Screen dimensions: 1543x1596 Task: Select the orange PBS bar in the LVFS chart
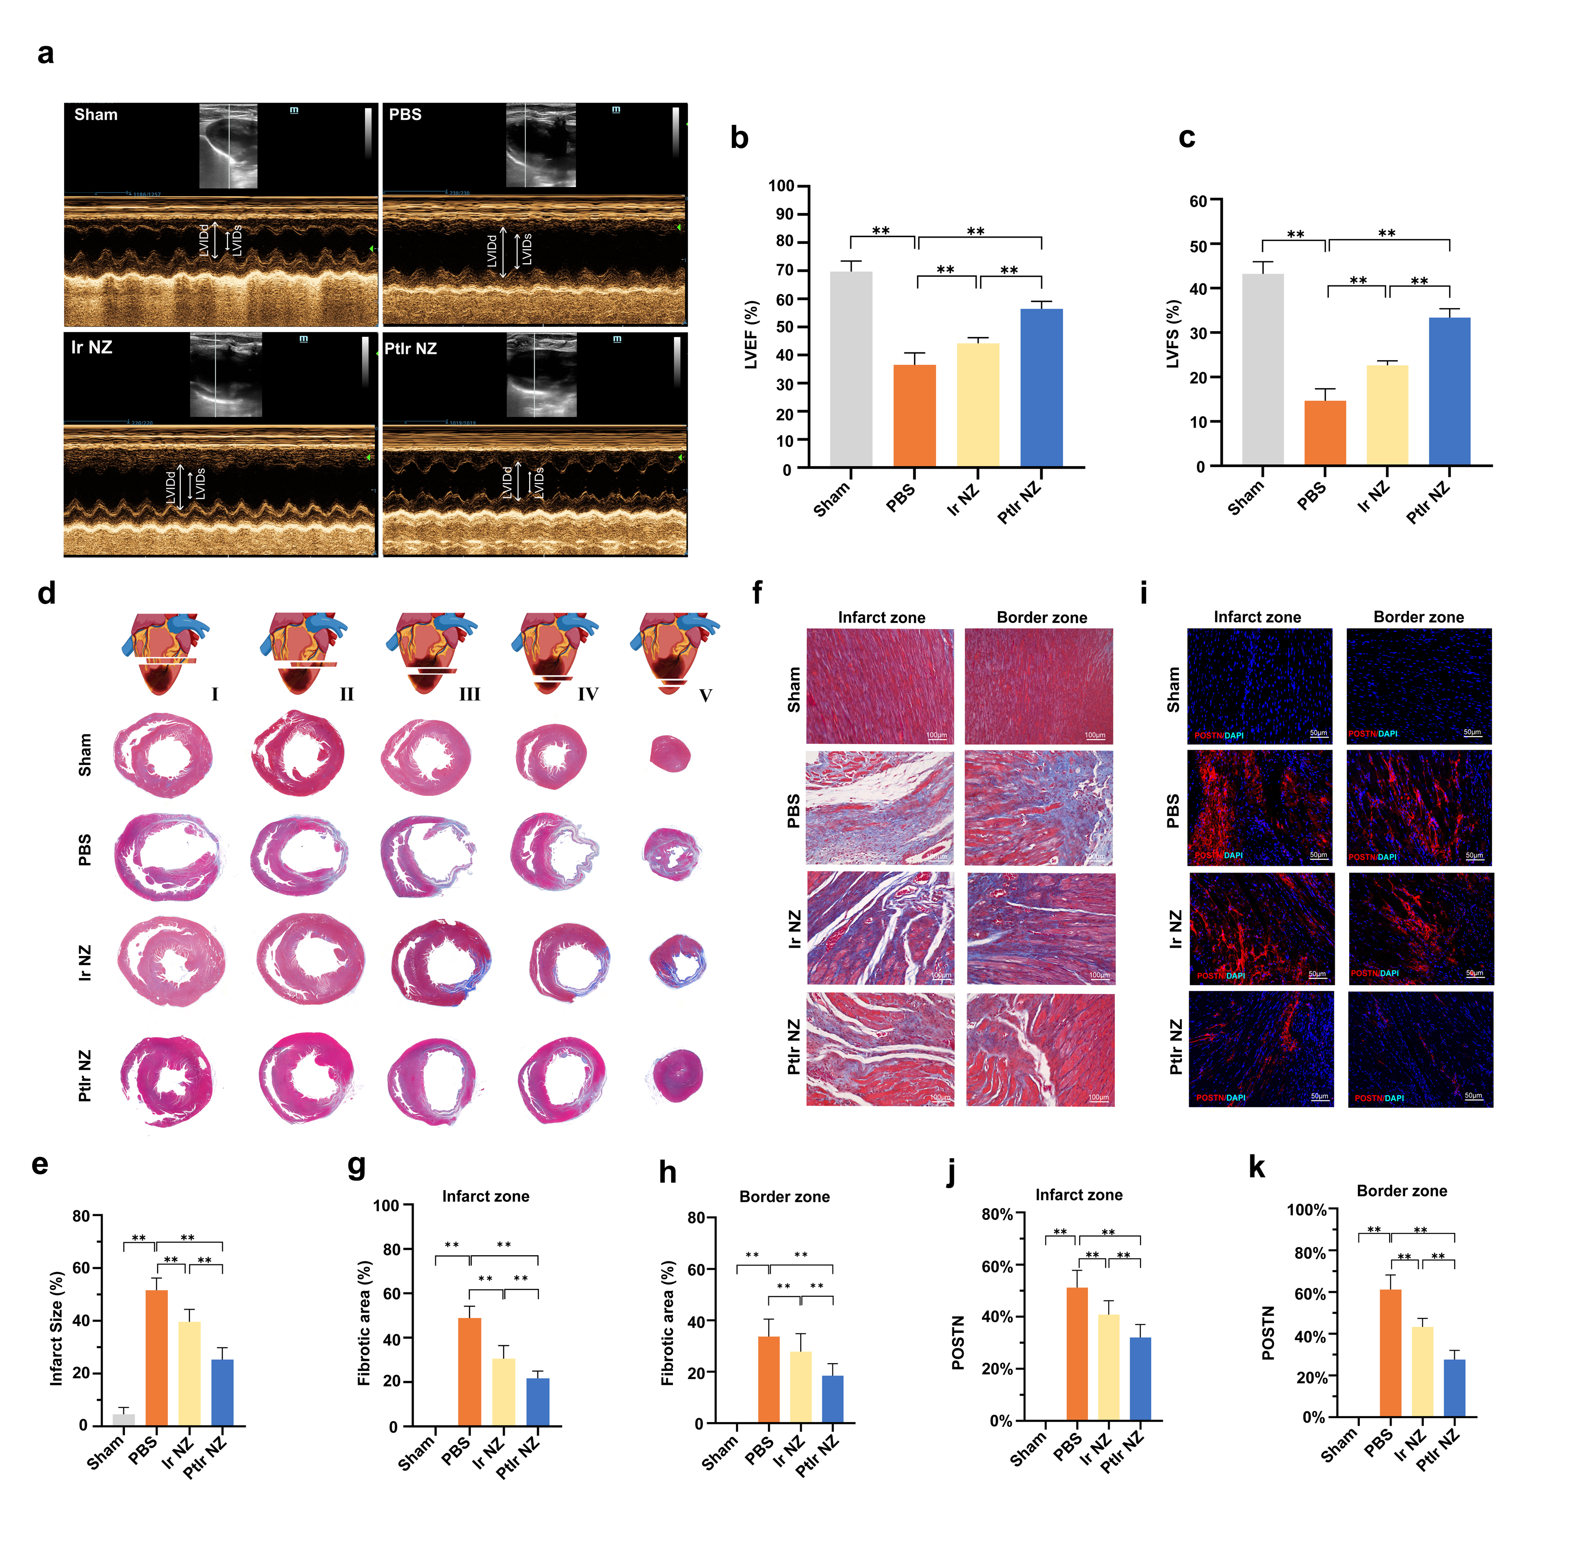(1325, 433)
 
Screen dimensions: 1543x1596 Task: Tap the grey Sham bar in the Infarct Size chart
(124, 1419)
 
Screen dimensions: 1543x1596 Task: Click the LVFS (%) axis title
(1173, 334)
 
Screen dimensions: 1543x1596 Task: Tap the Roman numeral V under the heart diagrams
(705, 696)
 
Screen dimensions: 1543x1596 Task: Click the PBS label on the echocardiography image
(405, 115)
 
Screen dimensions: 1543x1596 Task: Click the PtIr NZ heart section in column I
(167, 1079)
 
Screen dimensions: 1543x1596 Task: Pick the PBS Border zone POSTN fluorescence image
(1419, 807)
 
